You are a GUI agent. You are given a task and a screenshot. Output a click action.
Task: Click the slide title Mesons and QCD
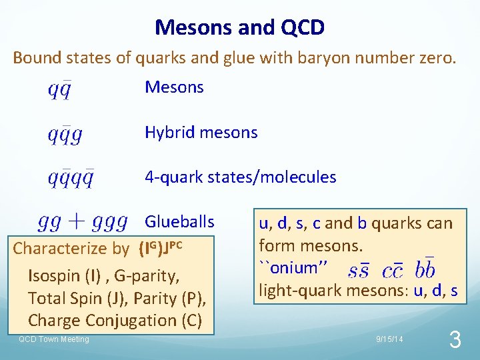tap(239, 27)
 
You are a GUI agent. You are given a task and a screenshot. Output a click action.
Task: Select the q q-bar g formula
tap(65, 135)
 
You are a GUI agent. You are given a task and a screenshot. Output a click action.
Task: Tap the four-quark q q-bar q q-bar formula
tap(71, 179)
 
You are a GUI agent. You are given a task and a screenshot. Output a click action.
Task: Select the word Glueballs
tap(179, 222)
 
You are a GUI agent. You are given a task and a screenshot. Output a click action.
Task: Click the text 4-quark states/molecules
tap(241, 177)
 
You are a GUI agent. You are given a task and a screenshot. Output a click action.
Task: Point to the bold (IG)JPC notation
tap(159, 249)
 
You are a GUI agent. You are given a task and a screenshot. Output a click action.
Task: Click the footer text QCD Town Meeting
tap(53, 340)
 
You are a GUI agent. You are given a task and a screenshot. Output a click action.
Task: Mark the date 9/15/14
tap(389, 340)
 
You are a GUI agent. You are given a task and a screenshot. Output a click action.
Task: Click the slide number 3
tap(455, 341)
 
